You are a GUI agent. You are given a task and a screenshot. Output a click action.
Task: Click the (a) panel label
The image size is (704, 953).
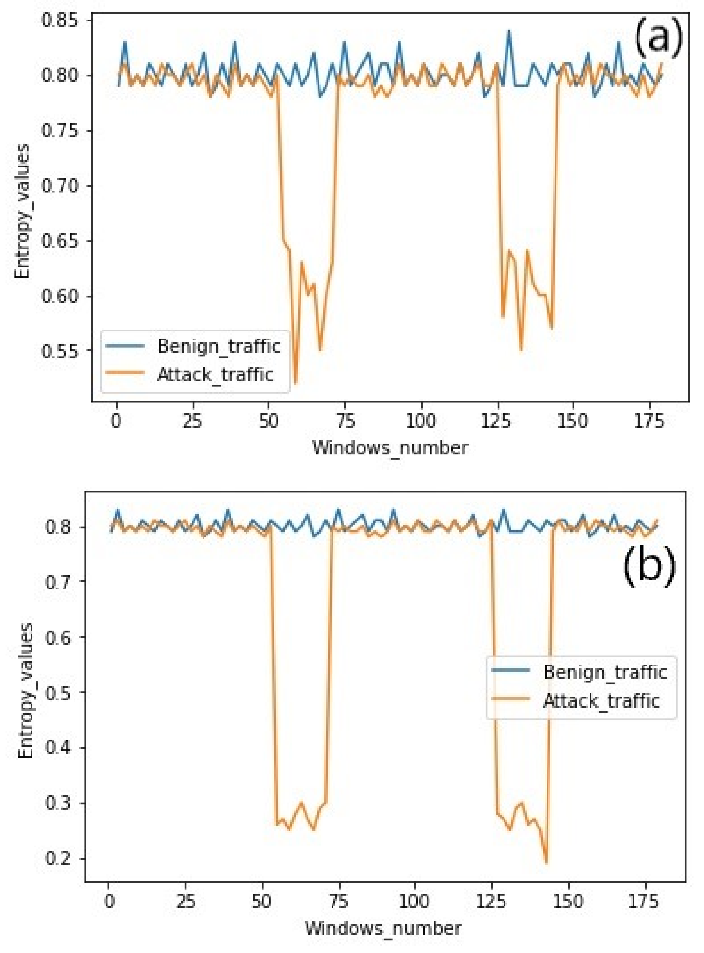point(659,39)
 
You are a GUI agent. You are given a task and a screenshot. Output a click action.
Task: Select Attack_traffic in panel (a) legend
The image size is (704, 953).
point(215,375)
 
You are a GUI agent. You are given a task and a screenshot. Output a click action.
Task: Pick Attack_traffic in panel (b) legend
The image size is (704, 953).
point(601,701)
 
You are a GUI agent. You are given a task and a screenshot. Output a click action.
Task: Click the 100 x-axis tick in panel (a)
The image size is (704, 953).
point(420,421)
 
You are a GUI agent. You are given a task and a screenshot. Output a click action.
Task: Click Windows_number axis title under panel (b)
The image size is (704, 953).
point(383,928)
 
